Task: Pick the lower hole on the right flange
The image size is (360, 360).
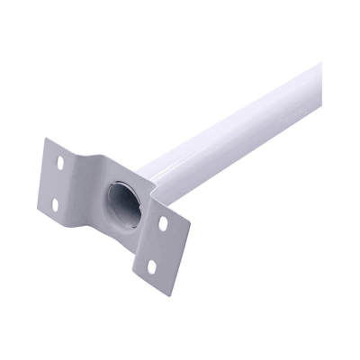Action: (153, 265)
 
